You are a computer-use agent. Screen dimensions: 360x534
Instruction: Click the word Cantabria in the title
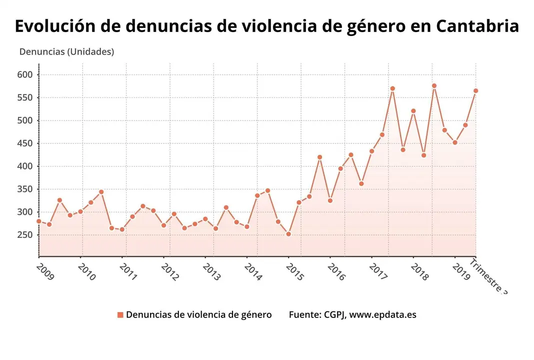point(477,26)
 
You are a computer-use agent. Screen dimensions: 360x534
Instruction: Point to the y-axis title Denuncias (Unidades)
point(66,51)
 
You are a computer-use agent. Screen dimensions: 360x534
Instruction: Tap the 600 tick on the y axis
point(25,75)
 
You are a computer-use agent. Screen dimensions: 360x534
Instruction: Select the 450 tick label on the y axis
point(25,143)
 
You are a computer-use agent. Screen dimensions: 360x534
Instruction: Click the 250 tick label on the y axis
point(25,235)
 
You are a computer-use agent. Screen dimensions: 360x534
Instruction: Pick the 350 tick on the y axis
point(25,189)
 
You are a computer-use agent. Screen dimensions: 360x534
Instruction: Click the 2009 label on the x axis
point(45,271)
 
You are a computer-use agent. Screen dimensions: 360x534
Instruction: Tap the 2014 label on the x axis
point(253,271)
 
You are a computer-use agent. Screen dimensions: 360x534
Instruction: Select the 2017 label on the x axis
point(378,271)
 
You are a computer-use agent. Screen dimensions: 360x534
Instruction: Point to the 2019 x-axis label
point(461,271)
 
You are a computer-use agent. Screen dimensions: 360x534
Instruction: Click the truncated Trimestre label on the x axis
point(488,276)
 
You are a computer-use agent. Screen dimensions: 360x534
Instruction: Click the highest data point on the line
point(434,86)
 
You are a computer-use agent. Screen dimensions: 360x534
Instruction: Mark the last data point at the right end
point(475,91)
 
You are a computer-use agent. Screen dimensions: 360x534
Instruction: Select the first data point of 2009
point(39,221)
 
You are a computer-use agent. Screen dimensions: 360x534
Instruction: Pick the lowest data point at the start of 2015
point(288,234)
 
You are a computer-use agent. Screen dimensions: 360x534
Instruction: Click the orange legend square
point(120,315)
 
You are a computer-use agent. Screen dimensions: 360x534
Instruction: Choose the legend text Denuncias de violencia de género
point(198,315)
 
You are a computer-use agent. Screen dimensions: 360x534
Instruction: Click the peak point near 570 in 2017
point(392,88)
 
